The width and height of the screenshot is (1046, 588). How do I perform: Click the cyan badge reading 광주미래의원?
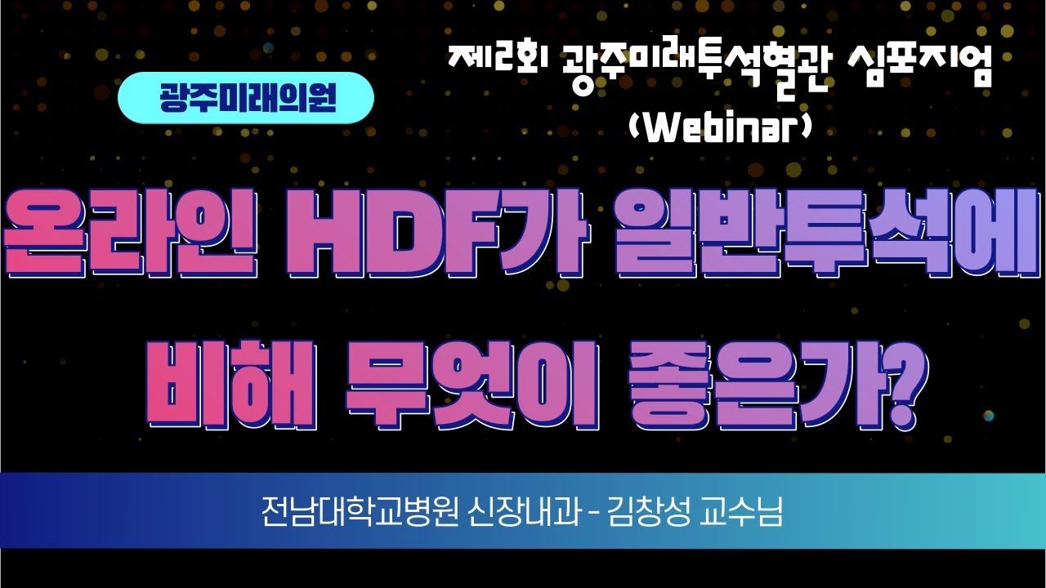coord(246,98)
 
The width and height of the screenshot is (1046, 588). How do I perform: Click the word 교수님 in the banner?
coord(746,512)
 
